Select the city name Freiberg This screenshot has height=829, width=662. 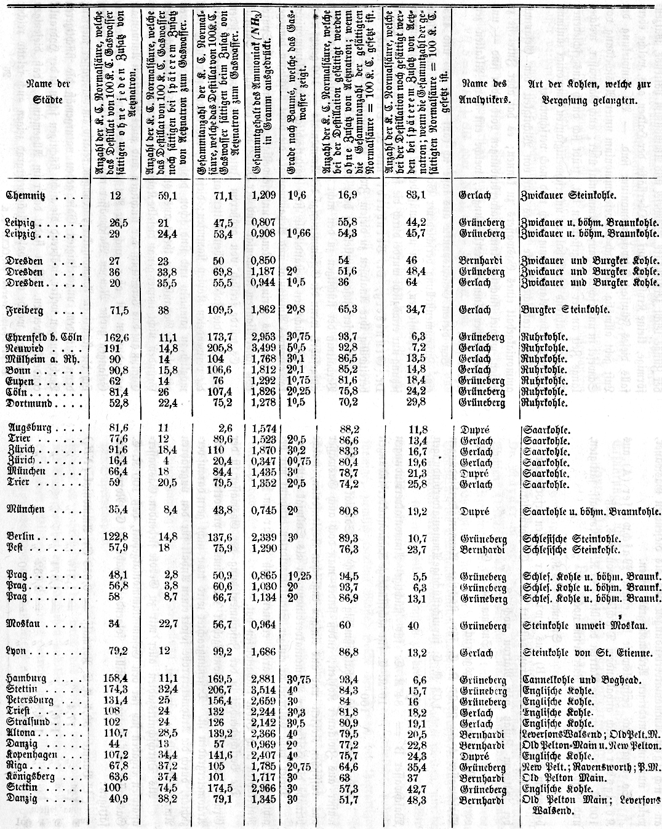pos(25,311)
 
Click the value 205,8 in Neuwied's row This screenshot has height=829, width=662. pos(216,348)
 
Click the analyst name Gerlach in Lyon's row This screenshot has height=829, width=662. pos(475,652)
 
